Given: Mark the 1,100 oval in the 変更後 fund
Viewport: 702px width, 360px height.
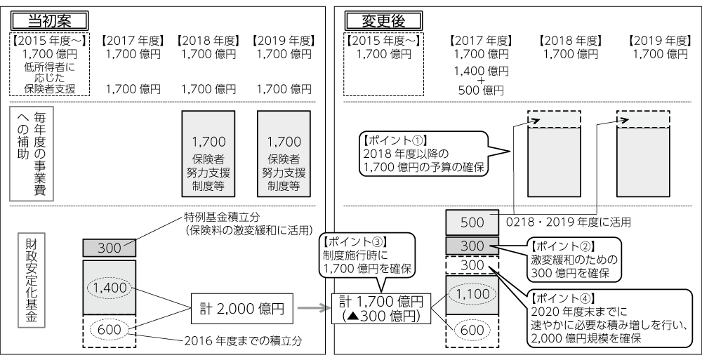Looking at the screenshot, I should pyautogui.click(x=472, y=295).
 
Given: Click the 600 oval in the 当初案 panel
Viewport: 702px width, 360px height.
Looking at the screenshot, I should pyautogui.click(x=109, y=330).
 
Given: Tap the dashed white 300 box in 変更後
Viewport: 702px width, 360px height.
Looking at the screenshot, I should pyautogui.click(x=472, y=267).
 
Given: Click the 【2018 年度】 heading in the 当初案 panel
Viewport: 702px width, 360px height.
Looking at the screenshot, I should pyautogui.click(x=208, y=40).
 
